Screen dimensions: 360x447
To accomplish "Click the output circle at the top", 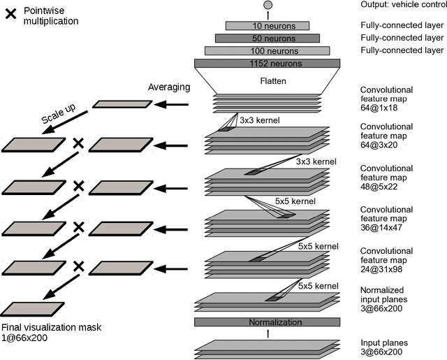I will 267,6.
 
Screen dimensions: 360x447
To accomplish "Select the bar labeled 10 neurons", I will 267,25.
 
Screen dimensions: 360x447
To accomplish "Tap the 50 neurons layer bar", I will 267,38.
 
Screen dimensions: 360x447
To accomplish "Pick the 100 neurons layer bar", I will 267,50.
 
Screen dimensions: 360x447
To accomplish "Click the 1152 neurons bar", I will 267,63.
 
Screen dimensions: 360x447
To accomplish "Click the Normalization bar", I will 267,322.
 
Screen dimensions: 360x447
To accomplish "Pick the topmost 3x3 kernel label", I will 259,121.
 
